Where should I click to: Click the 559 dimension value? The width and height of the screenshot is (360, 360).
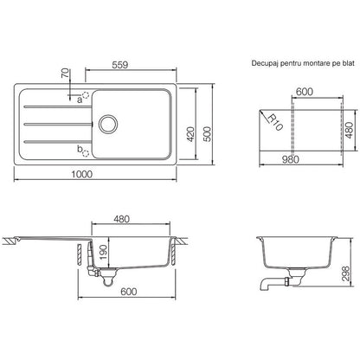tap(119, 65)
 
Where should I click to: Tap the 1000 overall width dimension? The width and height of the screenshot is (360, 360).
tap(82, 174)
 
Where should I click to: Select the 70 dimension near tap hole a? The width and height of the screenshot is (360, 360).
tap(65, 73)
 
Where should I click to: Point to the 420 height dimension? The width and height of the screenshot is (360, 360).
tap(190, 134)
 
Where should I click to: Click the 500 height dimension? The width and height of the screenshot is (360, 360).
tap(207, 134)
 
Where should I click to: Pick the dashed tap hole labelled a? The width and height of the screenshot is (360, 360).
tap(86, 95)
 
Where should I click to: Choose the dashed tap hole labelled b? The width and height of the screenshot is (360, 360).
tap(86, 153)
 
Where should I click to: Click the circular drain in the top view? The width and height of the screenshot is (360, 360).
tap(108, 124)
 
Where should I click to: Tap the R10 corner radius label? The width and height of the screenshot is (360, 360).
tap(275, 122)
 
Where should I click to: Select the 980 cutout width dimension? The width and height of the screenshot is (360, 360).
tap(290, 159)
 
